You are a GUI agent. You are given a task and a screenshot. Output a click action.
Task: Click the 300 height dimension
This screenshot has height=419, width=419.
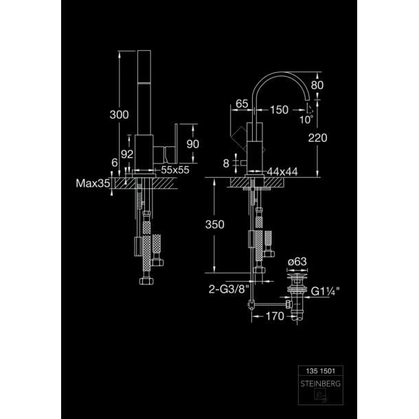pyautogui.click(x=120, y=115)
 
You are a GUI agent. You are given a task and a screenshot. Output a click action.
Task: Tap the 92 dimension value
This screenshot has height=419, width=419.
pyautogui.click(x=127, y=154)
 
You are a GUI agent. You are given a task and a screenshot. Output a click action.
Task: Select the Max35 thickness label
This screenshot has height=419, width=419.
pyautogui.click(x=93, y=183)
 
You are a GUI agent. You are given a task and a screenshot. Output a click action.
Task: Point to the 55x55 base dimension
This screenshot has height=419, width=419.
pyautogui.click(x=175, y=170)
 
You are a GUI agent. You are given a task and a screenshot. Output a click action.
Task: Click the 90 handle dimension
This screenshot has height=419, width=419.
pyautogui.click(x=192, y=144)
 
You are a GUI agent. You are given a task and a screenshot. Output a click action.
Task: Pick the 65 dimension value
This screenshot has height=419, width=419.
pyautogui.click(x=242, y=104)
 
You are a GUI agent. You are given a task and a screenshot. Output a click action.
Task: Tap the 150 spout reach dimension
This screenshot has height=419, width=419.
pyautogui.click(x=280, y=110)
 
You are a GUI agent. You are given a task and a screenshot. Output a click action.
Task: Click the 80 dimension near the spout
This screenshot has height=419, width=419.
pyautogui.click(x=317, y=85)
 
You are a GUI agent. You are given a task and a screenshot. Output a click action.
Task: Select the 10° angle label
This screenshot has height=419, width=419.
pyautogui.click(x=306, y=120)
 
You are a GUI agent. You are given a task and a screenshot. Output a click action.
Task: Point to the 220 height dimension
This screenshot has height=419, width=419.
pyautogui.click(x=318, y=138)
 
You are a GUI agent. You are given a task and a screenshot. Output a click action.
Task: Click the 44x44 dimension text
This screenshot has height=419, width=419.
pyautogui.click(x=282, y=172)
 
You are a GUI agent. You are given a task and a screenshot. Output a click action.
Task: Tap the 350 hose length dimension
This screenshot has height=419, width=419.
pyautogui.click(x=215, y=225)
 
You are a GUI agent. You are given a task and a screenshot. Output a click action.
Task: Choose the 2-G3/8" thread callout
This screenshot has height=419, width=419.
pyautogui.click(x=229, y=289)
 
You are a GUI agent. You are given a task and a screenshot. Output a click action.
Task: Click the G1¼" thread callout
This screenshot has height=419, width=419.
pyautogui.click(x=325, y=291)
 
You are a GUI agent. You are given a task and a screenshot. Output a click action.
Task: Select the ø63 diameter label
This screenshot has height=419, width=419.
pyautogui.click(x=297, y=262)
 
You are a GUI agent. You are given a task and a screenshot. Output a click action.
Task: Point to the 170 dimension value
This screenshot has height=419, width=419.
pyautogui.click(x=275, y=317)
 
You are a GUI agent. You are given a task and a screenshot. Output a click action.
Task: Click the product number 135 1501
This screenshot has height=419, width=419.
pyautogui.click(x=320, y=371)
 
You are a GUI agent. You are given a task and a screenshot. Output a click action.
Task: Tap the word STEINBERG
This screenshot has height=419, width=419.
pyautogui.click(x=320, y=384)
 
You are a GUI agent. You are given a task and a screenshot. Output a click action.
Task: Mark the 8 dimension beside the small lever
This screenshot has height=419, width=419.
pyautogui.click(x=226, y=163)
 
